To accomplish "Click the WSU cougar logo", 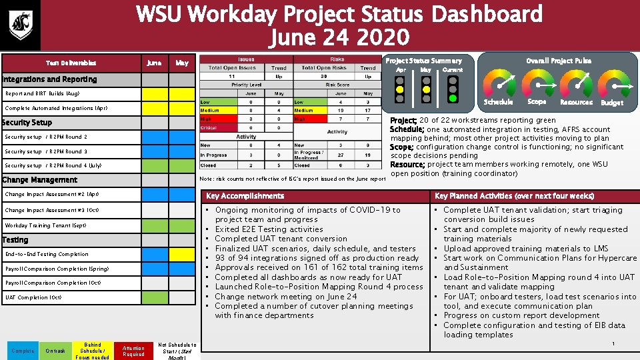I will click(x=19, y=25).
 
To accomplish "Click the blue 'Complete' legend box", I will click(x=22, y=351).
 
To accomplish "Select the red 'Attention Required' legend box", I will click(x=133, y=351).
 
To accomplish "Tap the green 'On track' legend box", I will click(x=56, y=351).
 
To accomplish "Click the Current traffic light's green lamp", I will click(x=453, y=98).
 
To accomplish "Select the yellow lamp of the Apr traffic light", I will click(x=399, y=89).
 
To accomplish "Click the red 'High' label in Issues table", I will click(x=207, y=119).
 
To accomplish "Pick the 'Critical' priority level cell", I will click(x=209, y=128).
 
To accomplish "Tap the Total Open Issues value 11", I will click(x=232, y=76).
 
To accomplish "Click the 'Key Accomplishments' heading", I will click(x=245, y=196).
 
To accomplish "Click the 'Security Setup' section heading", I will click(x=27, y=123).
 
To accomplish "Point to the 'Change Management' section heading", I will click(x=40, y=180).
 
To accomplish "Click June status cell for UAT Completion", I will click(x=154, y=297).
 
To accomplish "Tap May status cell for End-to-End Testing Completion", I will click(x=181, y=254).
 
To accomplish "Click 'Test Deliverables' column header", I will click(x=71, y=63).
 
